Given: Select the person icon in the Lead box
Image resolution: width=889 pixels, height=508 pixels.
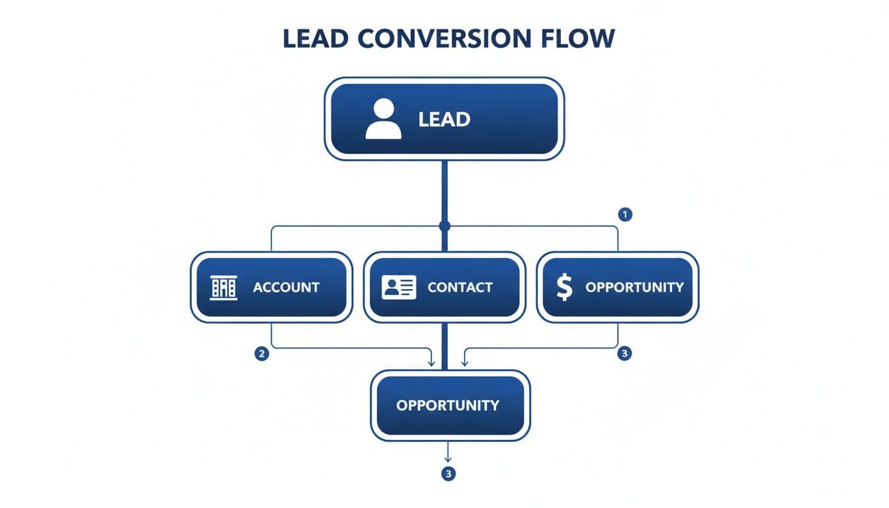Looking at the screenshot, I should pyautogui.click(x=383, y=119).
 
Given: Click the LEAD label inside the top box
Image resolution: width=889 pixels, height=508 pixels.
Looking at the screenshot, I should pyautogui.click(x=444, y=120).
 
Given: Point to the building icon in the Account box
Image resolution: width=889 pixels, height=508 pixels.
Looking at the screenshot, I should pyautogui.click(x=224, y=287).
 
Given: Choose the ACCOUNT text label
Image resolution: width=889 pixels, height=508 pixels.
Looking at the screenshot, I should pyautogui.click(x=286, y=287).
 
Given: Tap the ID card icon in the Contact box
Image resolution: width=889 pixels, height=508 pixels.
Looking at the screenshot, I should pyautogui.click(x=399, y=287).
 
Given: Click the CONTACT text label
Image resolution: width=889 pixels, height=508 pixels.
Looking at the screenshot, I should pyautogui.click(x=460, y=287).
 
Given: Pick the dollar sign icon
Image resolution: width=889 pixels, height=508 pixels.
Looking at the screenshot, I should pyautogui.click(x=564, y=287).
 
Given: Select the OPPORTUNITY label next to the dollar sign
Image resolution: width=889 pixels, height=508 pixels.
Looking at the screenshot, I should pyautogui.click(x=634, y=287).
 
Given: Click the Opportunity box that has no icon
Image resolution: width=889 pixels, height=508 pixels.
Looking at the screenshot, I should pyautogui.click(x=450, y=405).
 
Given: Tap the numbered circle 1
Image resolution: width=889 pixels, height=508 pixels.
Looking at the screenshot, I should pyautogui.click(x=624, y=214).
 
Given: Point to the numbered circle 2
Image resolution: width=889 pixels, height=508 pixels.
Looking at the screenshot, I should pyautogui.click(x=262, y=354).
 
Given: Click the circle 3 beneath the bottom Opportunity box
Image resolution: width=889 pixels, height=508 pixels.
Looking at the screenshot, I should pyautogui.click(x=449, y=474).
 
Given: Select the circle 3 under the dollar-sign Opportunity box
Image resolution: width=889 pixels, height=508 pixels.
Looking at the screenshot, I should pyautogui.click(x=624, y=354).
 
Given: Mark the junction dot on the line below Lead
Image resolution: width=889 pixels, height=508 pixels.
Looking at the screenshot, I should pyautogui.click(x=444, y=226).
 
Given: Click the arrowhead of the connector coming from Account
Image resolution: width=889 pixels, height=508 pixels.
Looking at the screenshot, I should pyautogui.click(x=432, y=362).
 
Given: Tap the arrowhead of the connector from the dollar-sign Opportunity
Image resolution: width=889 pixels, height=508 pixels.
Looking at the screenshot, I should pyautogui.click(x=464, y=362).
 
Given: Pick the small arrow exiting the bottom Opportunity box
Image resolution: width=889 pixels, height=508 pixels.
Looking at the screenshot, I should pyautogui.click(x=448, y=458).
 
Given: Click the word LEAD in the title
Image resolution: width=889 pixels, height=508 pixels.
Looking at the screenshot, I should pyautogui.click(x=316, y=38).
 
